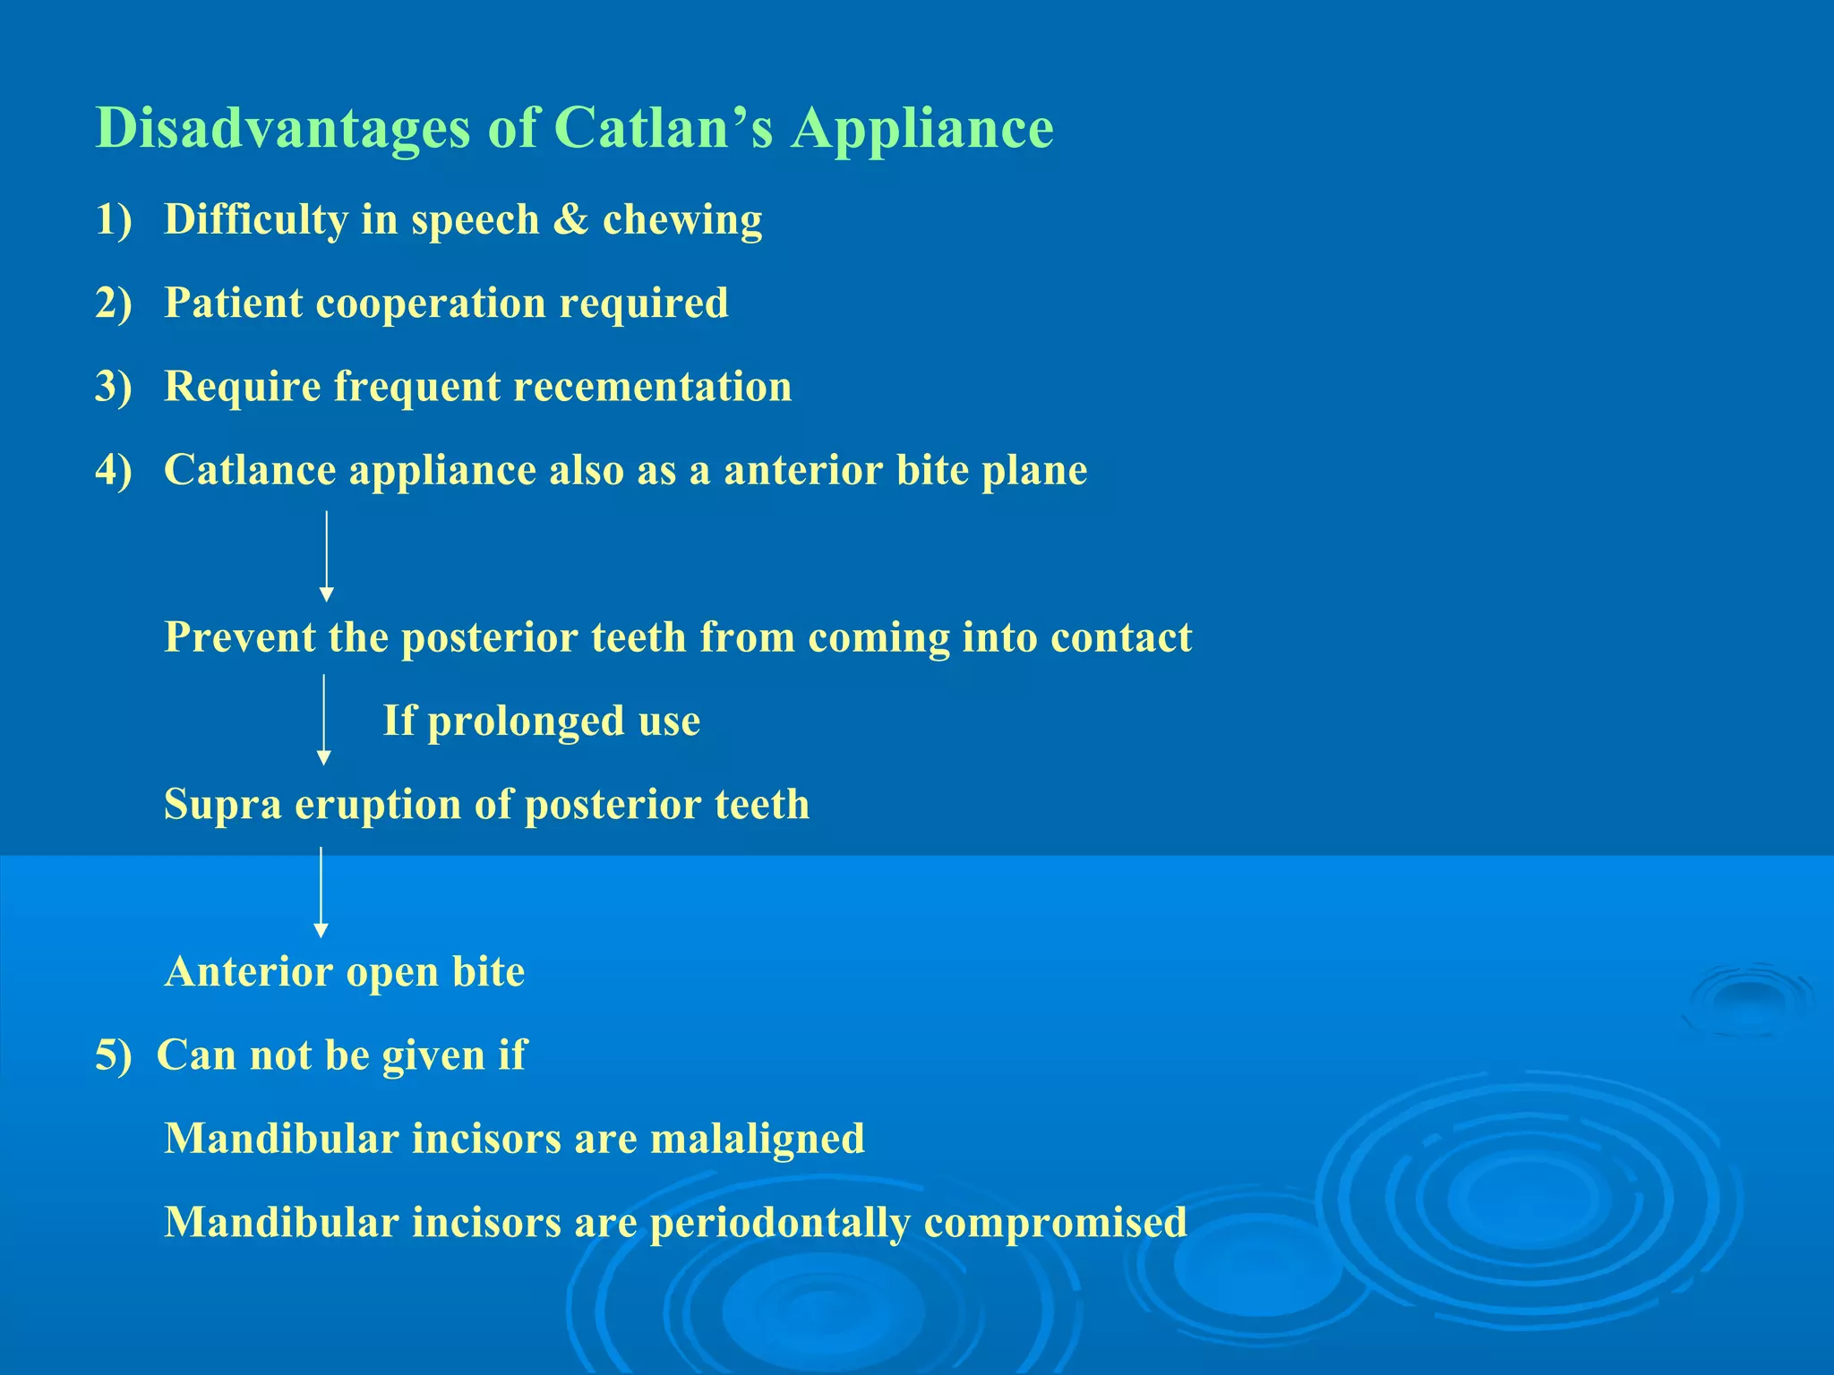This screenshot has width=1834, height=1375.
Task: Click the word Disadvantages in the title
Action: tap(283, 128)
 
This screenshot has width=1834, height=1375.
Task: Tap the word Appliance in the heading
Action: tap(922, 128)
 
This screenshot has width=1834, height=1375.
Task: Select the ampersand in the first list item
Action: tap(570, 219)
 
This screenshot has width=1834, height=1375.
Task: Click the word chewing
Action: tap(682, 220)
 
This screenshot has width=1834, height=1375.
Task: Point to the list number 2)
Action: tap(114, 303)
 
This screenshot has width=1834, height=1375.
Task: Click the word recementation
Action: tap(653, 387)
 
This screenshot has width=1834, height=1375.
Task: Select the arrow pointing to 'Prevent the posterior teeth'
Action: tap(327, 555)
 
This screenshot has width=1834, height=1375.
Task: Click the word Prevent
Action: tap(239, 637)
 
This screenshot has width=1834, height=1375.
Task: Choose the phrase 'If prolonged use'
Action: tap(541, 721)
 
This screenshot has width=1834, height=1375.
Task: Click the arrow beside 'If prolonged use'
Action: tap(324, 720)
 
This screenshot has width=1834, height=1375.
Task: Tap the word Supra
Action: tap(223, 805)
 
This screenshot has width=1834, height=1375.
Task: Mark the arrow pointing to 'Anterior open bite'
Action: tap(321, 892)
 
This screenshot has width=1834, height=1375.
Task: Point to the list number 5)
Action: tap(114, 1055)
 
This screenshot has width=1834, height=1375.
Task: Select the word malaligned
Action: tap(757, 1139)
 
